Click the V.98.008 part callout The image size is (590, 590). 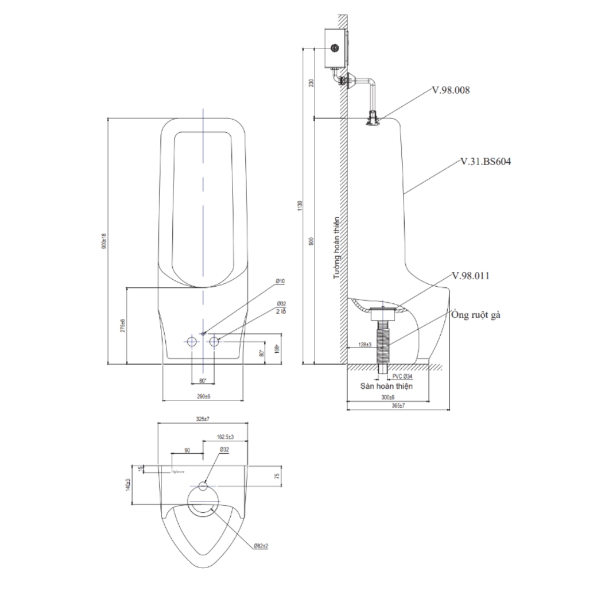(x=451, y=90)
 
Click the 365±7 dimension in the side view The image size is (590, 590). (x=399, y=406)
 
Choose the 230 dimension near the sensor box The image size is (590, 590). (x=312, y=84)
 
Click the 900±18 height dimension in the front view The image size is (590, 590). (x=104, y=241)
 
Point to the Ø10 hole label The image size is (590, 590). (x=280, y=283)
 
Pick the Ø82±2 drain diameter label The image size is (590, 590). (x=261, y=546)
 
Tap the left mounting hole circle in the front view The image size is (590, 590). (x=192, y=342)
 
